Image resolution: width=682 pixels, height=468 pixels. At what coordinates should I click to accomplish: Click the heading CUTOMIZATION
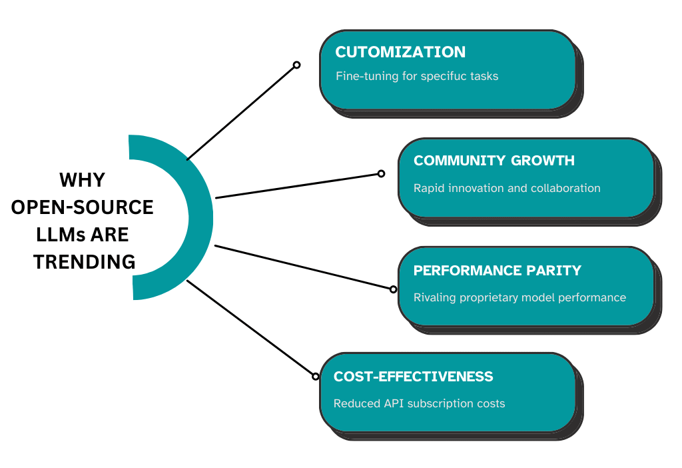coord(400,52)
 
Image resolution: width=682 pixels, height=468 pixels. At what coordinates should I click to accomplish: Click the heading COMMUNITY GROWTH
coord(494,161)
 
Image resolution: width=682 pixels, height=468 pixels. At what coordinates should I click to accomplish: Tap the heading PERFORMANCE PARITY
coord(497,270)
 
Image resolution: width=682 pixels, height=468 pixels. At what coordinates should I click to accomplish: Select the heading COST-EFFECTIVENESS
coord(413,377)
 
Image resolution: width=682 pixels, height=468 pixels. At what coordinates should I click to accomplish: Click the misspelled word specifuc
coord(443,76)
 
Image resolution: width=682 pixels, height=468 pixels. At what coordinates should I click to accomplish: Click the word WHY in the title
coord(83,180)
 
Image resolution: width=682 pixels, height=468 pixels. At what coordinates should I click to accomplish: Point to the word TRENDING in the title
coord(85,262)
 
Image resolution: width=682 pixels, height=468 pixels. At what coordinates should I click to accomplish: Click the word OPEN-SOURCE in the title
coord(83,207)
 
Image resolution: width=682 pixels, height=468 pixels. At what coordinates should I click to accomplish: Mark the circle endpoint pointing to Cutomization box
coord(296,65)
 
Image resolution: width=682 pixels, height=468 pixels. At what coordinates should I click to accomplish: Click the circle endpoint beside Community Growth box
coord(381,173)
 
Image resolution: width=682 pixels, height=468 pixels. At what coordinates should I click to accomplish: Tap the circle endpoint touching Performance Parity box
coord(393,289)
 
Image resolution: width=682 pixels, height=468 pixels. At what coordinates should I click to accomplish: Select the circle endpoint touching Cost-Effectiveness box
coord(316,376)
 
